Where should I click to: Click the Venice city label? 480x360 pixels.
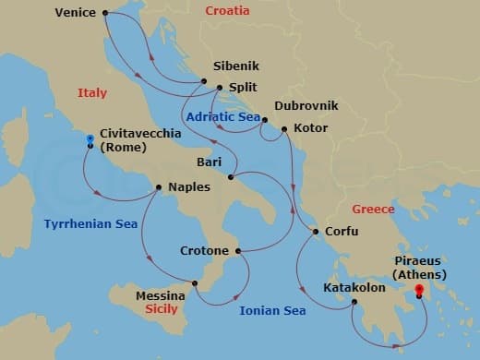[76, 13]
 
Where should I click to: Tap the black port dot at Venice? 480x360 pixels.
[104, 13]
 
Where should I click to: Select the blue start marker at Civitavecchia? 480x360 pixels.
[90, 139]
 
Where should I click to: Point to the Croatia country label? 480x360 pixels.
[227, 10]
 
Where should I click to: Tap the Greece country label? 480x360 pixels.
[374, 210]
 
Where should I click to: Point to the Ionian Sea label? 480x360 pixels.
[272, 310]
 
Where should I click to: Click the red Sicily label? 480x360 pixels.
[162, 310]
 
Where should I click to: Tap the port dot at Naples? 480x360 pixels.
[160, 187]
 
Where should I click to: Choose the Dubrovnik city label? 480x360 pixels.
[306, 106]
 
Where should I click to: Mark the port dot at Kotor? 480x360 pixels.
[283, 128]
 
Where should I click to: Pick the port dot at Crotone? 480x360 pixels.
[237, 250]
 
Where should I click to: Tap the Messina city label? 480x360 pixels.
[161, 295]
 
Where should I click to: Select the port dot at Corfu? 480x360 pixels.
[316, 232]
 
